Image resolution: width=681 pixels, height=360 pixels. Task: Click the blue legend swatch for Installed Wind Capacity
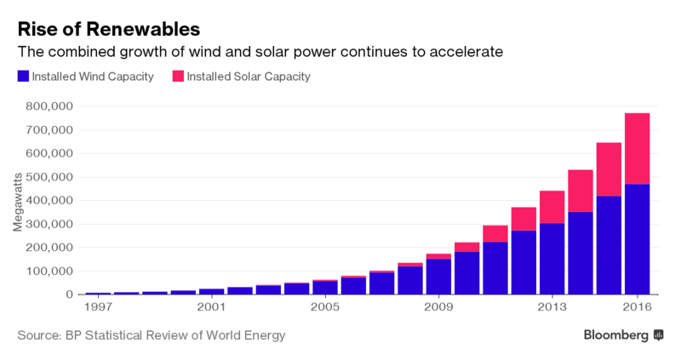point(23,77)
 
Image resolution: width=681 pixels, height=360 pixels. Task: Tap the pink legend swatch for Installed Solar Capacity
point(179,77)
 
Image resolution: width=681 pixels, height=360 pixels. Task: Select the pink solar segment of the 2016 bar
point(637,148)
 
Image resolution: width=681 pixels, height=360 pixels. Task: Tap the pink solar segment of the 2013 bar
point(552,207)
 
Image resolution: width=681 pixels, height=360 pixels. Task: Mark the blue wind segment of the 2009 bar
point(438,277)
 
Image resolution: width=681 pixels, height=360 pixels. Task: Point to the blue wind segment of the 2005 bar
point(324,288)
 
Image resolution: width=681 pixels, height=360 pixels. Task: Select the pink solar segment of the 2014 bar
point(580,191)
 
